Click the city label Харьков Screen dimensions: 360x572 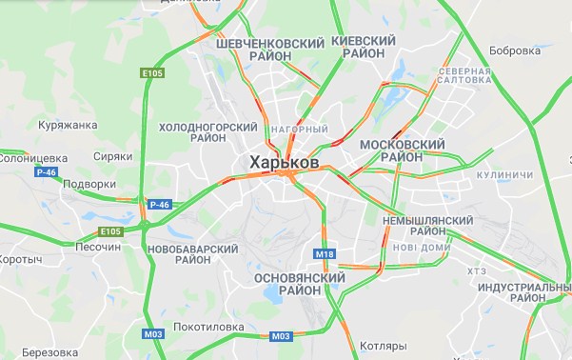(x=284, y=163)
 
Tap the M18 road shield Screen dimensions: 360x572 (x=325, y=254)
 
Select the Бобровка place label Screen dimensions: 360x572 (x=514, y=50)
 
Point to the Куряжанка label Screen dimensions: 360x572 (x=67, y=125)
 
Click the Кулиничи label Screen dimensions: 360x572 (x=504, y=175)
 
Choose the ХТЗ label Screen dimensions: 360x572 (x=477, y=271)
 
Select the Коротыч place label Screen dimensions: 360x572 (x=20, y=259)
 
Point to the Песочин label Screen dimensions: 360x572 (x=97, y=247)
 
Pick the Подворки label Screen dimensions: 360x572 (x=89, y=184)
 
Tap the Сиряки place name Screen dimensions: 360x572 (x=112, y=157)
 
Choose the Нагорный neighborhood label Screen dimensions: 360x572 (x=299, y=129)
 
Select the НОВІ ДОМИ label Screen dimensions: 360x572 (x=421, y=247)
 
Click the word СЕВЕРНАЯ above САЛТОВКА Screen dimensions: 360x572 (x=464, y=71)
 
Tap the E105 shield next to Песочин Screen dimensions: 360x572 (x=110, y=230)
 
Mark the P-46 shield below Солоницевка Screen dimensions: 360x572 (x=46, y=172)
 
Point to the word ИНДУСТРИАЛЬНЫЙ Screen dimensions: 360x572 (x=523, y=287)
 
